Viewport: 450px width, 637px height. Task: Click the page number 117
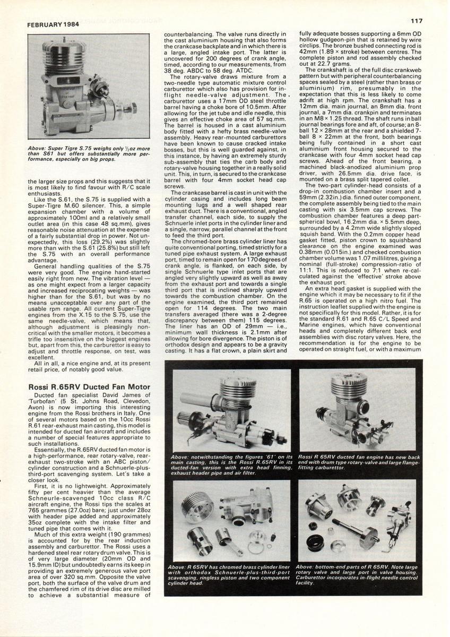pos(417,21)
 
